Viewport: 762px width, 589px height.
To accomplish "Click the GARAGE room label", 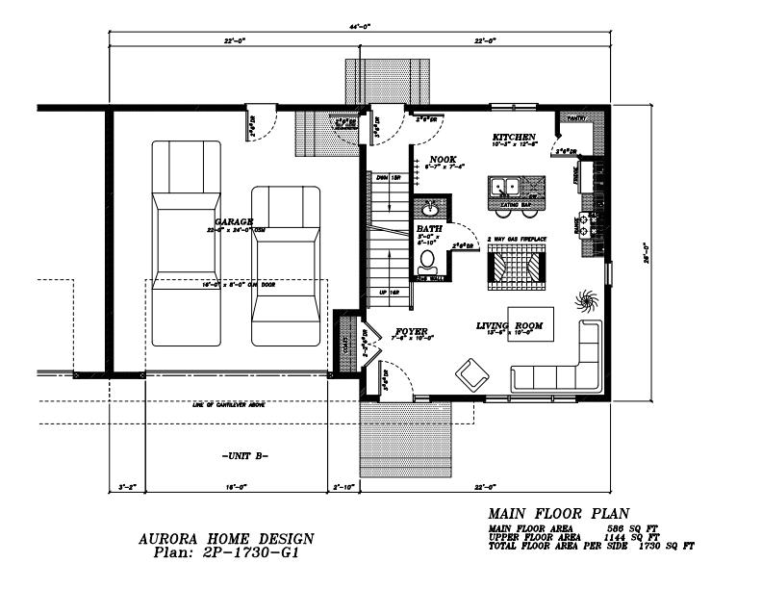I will point(235,222).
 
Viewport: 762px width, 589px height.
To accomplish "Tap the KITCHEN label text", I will point(514,137).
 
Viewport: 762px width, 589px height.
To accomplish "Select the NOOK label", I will point(443,159).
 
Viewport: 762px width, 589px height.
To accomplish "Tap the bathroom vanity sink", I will point(429,208).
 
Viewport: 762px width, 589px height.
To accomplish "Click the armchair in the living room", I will point(470,373).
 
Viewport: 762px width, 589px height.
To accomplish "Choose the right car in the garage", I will point(285,265).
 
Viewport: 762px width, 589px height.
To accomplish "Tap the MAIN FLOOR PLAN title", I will point(559,514).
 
